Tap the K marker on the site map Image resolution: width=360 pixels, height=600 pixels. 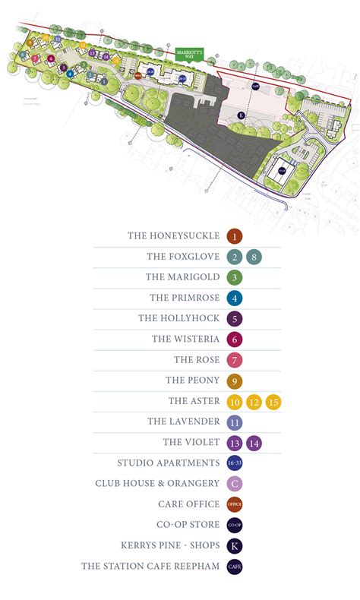tap(241, 115)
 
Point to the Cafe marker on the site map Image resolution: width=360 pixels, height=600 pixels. tap(256, 86)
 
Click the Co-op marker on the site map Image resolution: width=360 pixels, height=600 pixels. tap(281, 171)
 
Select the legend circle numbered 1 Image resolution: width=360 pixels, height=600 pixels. tap(234, 236)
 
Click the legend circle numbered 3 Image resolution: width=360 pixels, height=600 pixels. tap(234, 277)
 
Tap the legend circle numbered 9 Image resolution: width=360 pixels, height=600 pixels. tap(234, 381)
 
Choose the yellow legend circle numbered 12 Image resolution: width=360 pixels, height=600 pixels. tap(254, 402)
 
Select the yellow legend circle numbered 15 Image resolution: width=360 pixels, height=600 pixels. tap(273, 402)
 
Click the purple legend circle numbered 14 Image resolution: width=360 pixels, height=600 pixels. tap(254, 443)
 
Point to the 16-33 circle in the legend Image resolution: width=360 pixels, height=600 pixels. tap(234, 463)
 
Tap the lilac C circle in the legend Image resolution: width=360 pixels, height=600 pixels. tap(234, 484)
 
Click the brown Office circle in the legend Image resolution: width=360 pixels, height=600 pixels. tap(234, 504)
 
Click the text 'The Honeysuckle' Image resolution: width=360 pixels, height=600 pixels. tap(173, 236)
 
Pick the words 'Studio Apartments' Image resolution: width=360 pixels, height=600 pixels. tap(168, 463)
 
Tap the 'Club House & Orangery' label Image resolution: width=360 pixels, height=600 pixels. tap(157, 484)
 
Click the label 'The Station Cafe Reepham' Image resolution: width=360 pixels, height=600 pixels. tap(150, 566)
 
